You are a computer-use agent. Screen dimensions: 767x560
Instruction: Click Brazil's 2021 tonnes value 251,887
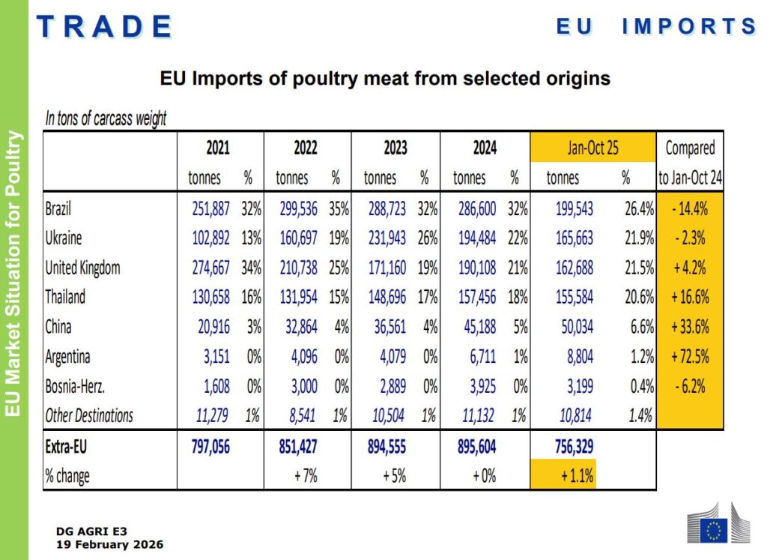(210, 209)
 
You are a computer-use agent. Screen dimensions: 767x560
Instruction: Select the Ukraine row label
(64, 238)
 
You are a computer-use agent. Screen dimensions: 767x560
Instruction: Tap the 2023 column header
(395, 148)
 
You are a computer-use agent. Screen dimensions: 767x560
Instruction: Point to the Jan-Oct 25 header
(592, 148)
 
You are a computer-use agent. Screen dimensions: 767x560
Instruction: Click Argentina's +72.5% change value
(690, 356)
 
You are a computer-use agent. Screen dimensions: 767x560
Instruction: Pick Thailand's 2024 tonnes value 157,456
(477, 297)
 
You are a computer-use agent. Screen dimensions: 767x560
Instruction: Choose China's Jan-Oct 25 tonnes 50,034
(577, 327)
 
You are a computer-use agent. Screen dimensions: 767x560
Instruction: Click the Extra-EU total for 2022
(298, 447)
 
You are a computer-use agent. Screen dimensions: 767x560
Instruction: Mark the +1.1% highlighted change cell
(577, 475)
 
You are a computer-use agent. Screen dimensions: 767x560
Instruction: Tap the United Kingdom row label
(82, 268)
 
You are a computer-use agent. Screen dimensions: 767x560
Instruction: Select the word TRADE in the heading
(104, 26)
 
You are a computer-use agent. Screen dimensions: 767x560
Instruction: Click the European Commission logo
(718, 523)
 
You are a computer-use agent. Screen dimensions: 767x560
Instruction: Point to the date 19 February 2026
(109, 544)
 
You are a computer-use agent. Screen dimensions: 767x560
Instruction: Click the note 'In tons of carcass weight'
(106, 118)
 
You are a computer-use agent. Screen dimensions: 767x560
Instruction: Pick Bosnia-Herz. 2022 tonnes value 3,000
(304, 386)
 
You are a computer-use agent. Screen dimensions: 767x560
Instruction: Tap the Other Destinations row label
(89, 415)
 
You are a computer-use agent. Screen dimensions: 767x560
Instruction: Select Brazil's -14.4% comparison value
(690, 209)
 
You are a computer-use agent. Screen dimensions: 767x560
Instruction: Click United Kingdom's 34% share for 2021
(251, 268)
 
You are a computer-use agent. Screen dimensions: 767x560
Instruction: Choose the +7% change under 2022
(306, 475)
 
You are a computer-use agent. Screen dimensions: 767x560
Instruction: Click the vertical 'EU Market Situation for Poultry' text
(13, 274)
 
